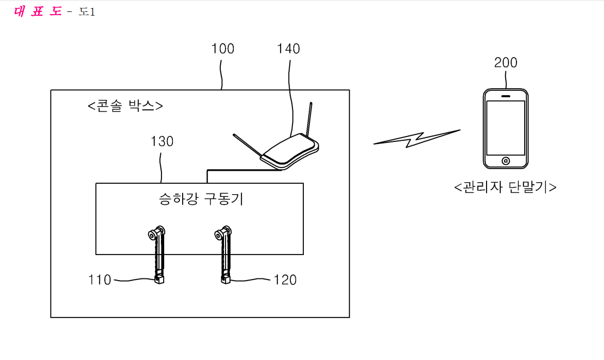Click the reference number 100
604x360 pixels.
click(223, 49)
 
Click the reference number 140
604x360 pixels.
click(289, 49)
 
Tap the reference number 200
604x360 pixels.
click(506, 63)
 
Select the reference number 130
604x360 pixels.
click(162, 141)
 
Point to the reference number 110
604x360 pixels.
click(100, 280)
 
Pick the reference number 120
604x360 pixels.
click(285, 280)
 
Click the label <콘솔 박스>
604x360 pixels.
click(125, 105)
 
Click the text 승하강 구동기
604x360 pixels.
click(201, 199)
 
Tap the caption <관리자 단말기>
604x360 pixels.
click(506, 187)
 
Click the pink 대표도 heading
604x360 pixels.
click(38, 11)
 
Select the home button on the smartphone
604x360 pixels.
click(506, 161)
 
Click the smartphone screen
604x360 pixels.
click(506, 128)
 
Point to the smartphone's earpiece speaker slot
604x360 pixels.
click(506, 96)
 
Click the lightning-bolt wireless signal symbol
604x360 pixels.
click(417, 139)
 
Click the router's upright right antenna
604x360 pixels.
click(309, 120)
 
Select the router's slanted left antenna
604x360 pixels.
click(247, 145)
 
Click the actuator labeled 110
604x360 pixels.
click(158, 255)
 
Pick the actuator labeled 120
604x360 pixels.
click(224, 255)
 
